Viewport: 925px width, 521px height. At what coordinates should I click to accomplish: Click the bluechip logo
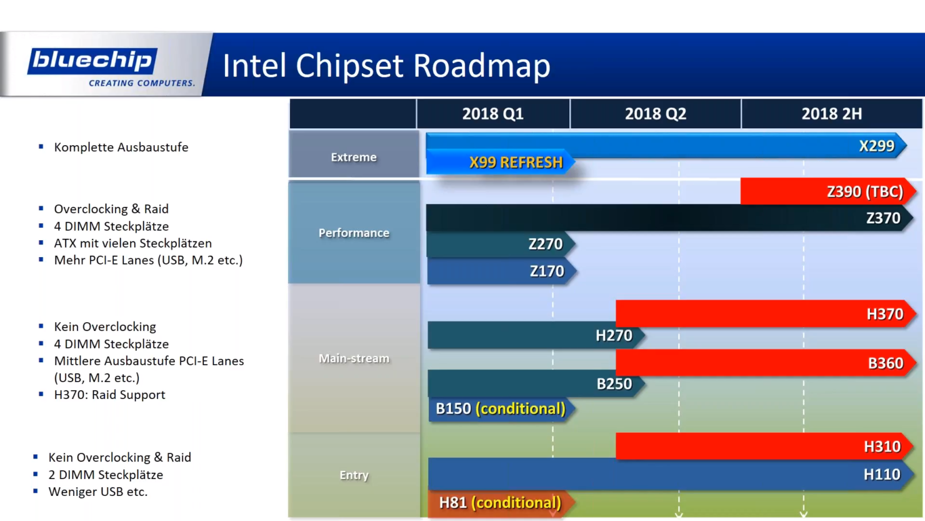click(92, 61)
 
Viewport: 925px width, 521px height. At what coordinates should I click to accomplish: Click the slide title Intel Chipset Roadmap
click(386, 66)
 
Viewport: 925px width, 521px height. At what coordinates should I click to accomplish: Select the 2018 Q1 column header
click(492, 114)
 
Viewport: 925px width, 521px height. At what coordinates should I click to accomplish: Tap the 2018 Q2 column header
click(655, 114)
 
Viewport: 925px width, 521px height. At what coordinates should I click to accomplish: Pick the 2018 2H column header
click(831, 114)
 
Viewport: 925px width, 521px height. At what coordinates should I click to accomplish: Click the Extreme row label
click(354, 157)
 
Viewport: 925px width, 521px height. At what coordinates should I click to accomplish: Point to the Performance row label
click(354, 233)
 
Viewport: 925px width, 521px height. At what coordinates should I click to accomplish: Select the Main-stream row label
click(354, 358)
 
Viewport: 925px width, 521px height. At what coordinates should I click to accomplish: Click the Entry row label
click(354, 475)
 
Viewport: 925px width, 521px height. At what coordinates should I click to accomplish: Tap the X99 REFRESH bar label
click(516, 163)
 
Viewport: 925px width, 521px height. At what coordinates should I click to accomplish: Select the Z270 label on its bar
click(545, 244)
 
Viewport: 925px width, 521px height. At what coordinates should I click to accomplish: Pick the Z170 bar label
click(546, 271)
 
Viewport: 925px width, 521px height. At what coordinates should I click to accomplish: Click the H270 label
click(613, 336)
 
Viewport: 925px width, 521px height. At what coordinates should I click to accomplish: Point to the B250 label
click(614, 384)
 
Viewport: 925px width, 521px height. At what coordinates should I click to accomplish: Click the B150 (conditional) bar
click(500, 409)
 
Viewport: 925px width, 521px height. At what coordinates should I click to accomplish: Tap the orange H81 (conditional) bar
click(499, 503)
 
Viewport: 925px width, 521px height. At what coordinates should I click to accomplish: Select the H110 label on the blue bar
click(881, 475)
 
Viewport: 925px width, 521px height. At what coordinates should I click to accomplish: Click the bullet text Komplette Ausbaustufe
click(121, 148)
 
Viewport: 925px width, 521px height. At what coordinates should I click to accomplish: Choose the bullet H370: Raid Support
click(109, 395)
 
